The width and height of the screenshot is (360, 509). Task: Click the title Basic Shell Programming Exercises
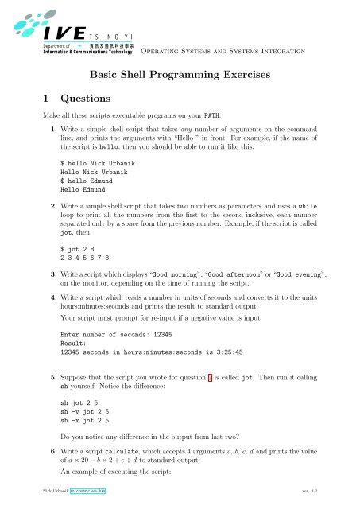pos(190,76)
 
